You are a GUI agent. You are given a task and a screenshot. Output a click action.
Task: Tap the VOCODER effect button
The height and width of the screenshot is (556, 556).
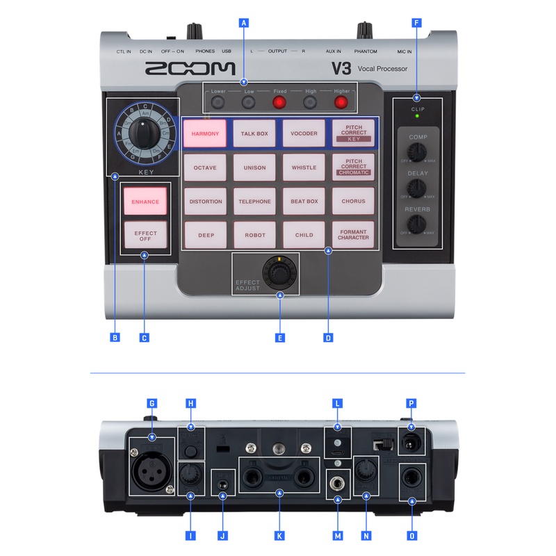click(x=304, y=133)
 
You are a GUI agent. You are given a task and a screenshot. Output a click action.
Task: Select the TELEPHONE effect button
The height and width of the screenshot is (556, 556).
click(x=254, y=202)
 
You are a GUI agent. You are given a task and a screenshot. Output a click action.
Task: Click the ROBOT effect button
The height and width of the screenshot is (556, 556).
click(x=254, y=235)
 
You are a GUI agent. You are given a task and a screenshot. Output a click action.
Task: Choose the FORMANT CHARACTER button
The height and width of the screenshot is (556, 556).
click(x=353, y=235)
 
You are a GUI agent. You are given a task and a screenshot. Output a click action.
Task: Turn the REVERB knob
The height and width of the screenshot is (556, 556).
click(x=418, y=224)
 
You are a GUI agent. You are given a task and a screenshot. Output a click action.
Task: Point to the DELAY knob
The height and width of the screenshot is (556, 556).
click(x=418, y=188)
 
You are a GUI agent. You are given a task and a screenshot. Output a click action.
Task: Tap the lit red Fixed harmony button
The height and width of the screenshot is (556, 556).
click(x=279, y=103)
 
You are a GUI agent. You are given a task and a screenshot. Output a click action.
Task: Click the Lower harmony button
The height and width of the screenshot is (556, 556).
click(x=218, y=103)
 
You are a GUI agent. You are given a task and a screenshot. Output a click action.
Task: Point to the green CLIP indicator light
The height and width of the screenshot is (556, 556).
click(x=417, y=116)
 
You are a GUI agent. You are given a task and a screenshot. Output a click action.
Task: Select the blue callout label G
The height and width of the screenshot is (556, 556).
click(x=152, y=403)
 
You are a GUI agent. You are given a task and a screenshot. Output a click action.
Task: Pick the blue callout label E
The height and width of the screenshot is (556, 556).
click(x=280, y=338)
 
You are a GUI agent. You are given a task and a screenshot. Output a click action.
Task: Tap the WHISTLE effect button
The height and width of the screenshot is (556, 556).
click(x=304, y=167)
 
